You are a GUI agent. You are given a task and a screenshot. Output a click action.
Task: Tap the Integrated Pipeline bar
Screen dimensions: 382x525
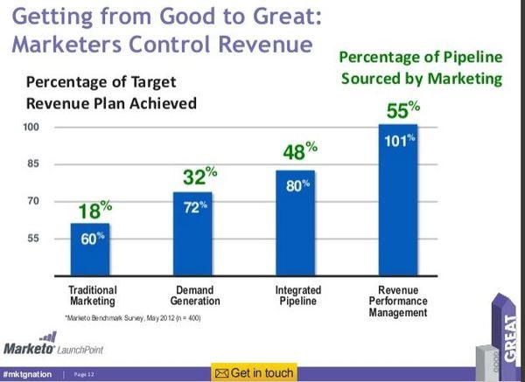click(x=295, y=223)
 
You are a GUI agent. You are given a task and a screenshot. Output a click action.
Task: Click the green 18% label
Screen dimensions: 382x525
click(x=91, y=210)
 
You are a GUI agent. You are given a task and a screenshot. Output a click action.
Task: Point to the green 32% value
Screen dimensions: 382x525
click(x=199, y=178)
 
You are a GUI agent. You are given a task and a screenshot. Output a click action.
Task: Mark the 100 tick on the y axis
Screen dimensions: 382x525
click(x=34, y=127)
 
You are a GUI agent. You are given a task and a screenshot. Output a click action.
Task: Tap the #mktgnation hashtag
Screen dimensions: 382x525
click(x=28, y=374)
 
